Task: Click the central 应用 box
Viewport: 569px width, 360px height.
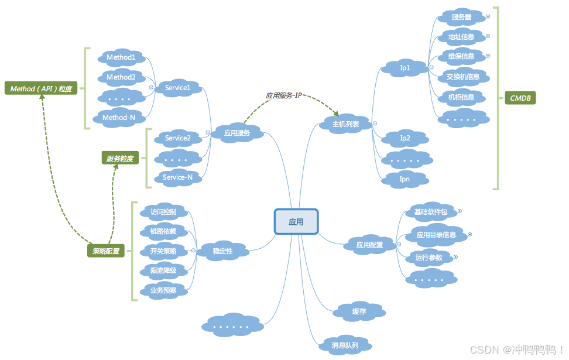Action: point(296,222)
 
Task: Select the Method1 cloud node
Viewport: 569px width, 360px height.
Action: point(121,57)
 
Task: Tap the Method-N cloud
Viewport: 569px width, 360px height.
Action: point(119,118)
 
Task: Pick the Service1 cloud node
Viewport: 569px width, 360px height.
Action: point(178,88)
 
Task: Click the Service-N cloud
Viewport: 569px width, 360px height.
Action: point(177,177)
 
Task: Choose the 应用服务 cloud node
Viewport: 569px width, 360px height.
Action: point(237,133)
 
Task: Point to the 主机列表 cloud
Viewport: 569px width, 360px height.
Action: point(346,124)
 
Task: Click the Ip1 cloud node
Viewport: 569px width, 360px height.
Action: point(405,68)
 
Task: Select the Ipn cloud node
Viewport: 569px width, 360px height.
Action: point(405,179)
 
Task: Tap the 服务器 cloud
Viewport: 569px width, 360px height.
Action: point(461,17)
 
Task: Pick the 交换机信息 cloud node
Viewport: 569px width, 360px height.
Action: point(462,76)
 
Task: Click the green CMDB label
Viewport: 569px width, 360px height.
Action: point(520,98)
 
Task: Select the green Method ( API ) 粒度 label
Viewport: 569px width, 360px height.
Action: point(41,89)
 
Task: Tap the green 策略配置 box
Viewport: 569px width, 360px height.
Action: point(106,251)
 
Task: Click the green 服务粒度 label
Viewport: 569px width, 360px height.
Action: point(119,158)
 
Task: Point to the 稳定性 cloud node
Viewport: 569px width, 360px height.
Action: point(222,251)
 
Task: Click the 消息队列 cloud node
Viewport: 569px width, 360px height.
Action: point(345,345)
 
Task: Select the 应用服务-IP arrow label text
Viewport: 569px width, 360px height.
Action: point(283,95)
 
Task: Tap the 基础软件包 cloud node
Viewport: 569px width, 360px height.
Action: point(430,212)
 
